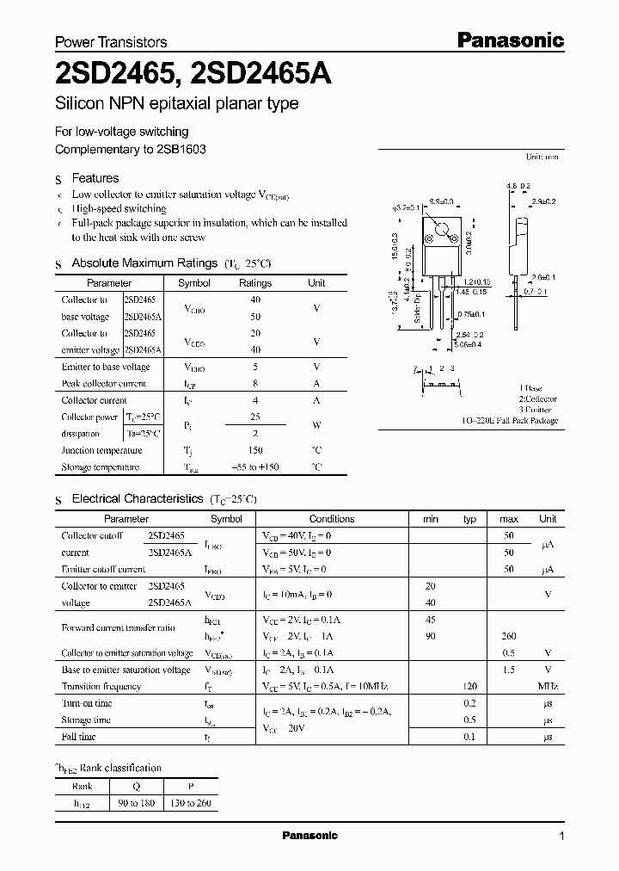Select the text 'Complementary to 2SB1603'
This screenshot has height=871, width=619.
point(130,149)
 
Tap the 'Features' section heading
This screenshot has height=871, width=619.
point(95,178)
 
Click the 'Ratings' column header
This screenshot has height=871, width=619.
point(254,283)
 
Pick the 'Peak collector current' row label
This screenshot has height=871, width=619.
point(103,384)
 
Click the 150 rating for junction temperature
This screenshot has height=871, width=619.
point(254,450)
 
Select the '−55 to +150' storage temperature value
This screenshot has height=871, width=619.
point(254,467)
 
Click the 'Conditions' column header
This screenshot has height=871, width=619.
point(331,519)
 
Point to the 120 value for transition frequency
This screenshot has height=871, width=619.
point(469,687)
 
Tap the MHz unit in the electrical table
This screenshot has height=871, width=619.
point(547,687)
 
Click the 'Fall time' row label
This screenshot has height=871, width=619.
point(79,738)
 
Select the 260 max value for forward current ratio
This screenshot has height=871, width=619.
point(508,637)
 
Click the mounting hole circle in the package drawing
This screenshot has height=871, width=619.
point(442,230)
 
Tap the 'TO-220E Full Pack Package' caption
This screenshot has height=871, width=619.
point(509,421)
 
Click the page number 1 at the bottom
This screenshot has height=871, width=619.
point(561,837)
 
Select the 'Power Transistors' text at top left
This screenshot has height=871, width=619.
point(111,41)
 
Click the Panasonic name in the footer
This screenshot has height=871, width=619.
point(309,836)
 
